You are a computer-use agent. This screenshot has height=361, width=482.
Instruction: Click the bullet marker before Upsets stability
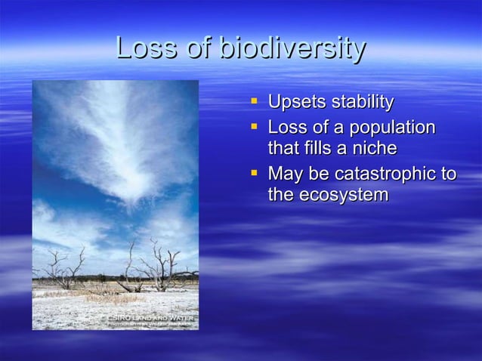(x=255, y=101)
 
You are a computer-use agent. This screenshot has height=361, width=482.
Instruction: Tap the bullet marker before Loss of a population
(x=255, y=126)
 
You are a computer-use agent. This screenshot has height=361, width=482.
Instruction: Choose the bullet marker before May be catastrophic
(x=255, y=173)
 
